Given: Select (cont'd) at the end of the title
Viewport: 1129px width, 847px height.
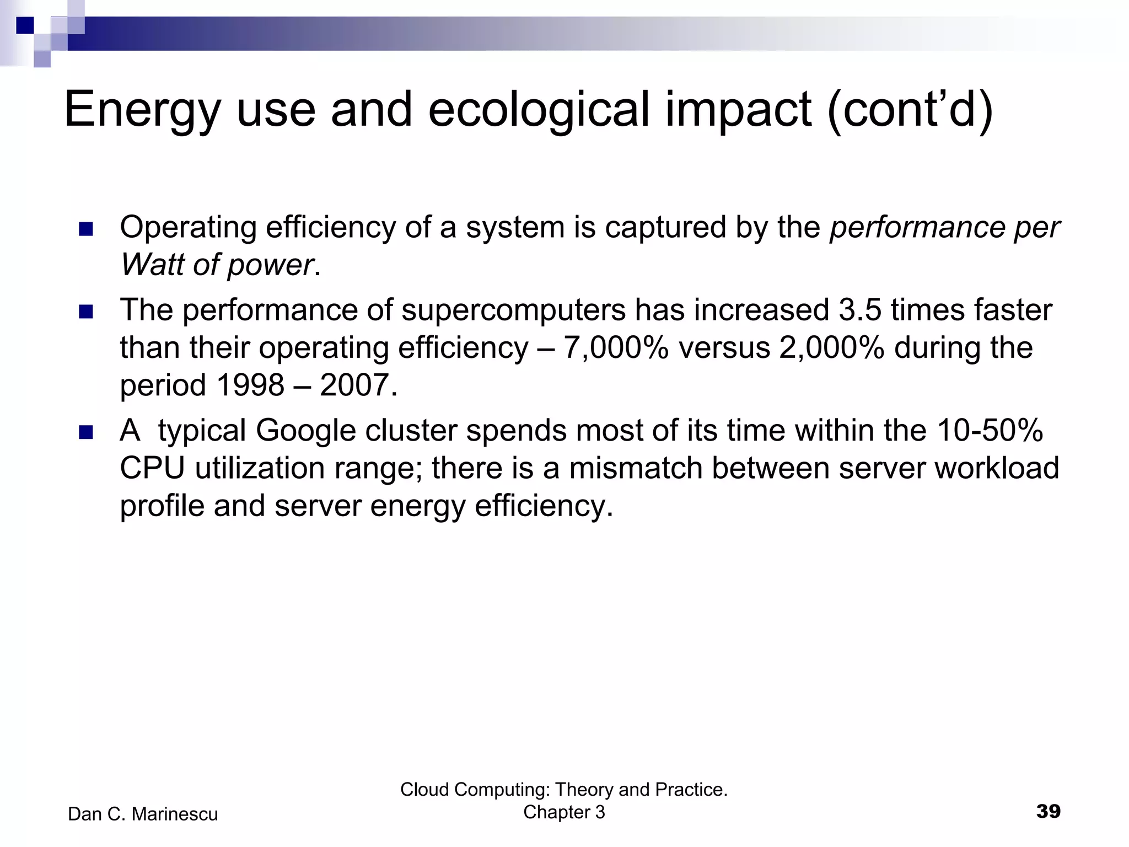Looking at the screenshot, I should tap(910, 110).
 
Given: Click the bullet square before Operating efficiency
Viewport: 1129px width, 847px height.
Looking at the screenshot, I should tap(85, 229).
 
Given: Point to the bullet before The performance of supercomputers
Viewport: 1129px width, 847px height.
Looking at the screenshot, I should tap(85, 312).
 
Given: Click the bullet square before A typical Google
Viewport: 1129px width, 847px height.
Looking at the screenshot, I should tap(85, 432).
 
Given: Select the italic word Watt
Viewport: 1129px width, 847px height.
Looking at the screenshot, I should tap(151, 265).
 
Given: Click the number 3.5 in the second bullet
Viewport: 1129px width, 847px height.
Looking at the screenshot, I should tap(860, 310).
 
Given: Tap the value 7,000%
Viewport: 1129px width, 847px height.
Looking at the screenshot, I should tap(616, 348).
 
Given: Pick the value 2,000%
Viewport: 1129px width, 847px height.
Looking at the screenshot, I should tap(832, 348).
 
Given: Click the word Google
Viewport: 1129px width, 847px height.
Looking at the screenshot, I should tap(306, 431).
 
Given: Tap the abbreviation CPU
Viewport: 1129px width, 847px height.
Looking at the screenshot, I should tap(152, 468).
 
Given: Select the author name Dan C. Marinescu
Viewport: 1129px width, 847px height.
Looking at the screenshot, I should tap(143, 814).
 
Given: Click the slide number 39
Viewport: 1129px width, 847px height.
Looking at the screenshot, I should tap(1048, 811).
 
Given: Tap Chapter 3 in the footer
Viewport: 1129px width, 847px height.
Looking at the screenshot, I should tap(564, 812).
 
